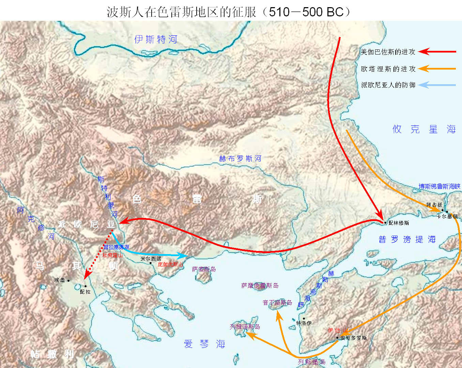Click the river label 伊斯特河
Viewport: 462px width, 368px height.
point(156,40)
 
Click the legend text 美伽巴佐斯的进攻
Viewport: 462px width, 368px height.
point(388,52)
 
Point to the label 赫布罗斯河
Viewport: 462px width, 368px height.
point(240,159)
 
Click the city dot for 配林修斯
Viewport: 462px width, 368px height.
point(385,223)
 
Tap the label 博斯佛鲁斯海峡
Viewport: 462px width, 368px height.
point(439,186)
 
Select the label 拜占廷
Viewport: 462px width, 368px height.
point(434,205)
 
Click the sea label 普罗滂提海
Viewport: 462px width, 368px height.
point(407,239)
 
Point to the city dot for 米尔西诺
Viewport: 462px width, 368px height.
point(151,263)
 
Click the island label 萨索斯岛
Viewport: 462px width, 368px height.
point(204,269)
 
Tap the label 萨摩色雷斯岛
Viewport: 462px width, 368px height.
point(260,285)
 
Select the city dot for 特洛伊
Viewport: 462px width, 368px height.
point(304,319)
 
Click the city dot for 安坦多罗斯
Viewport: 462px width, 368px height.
point(337,338)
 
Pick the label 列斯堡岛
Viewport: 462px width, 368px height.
point(311,362)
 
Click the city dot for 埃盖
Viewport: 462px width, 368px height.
point(68,281)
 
